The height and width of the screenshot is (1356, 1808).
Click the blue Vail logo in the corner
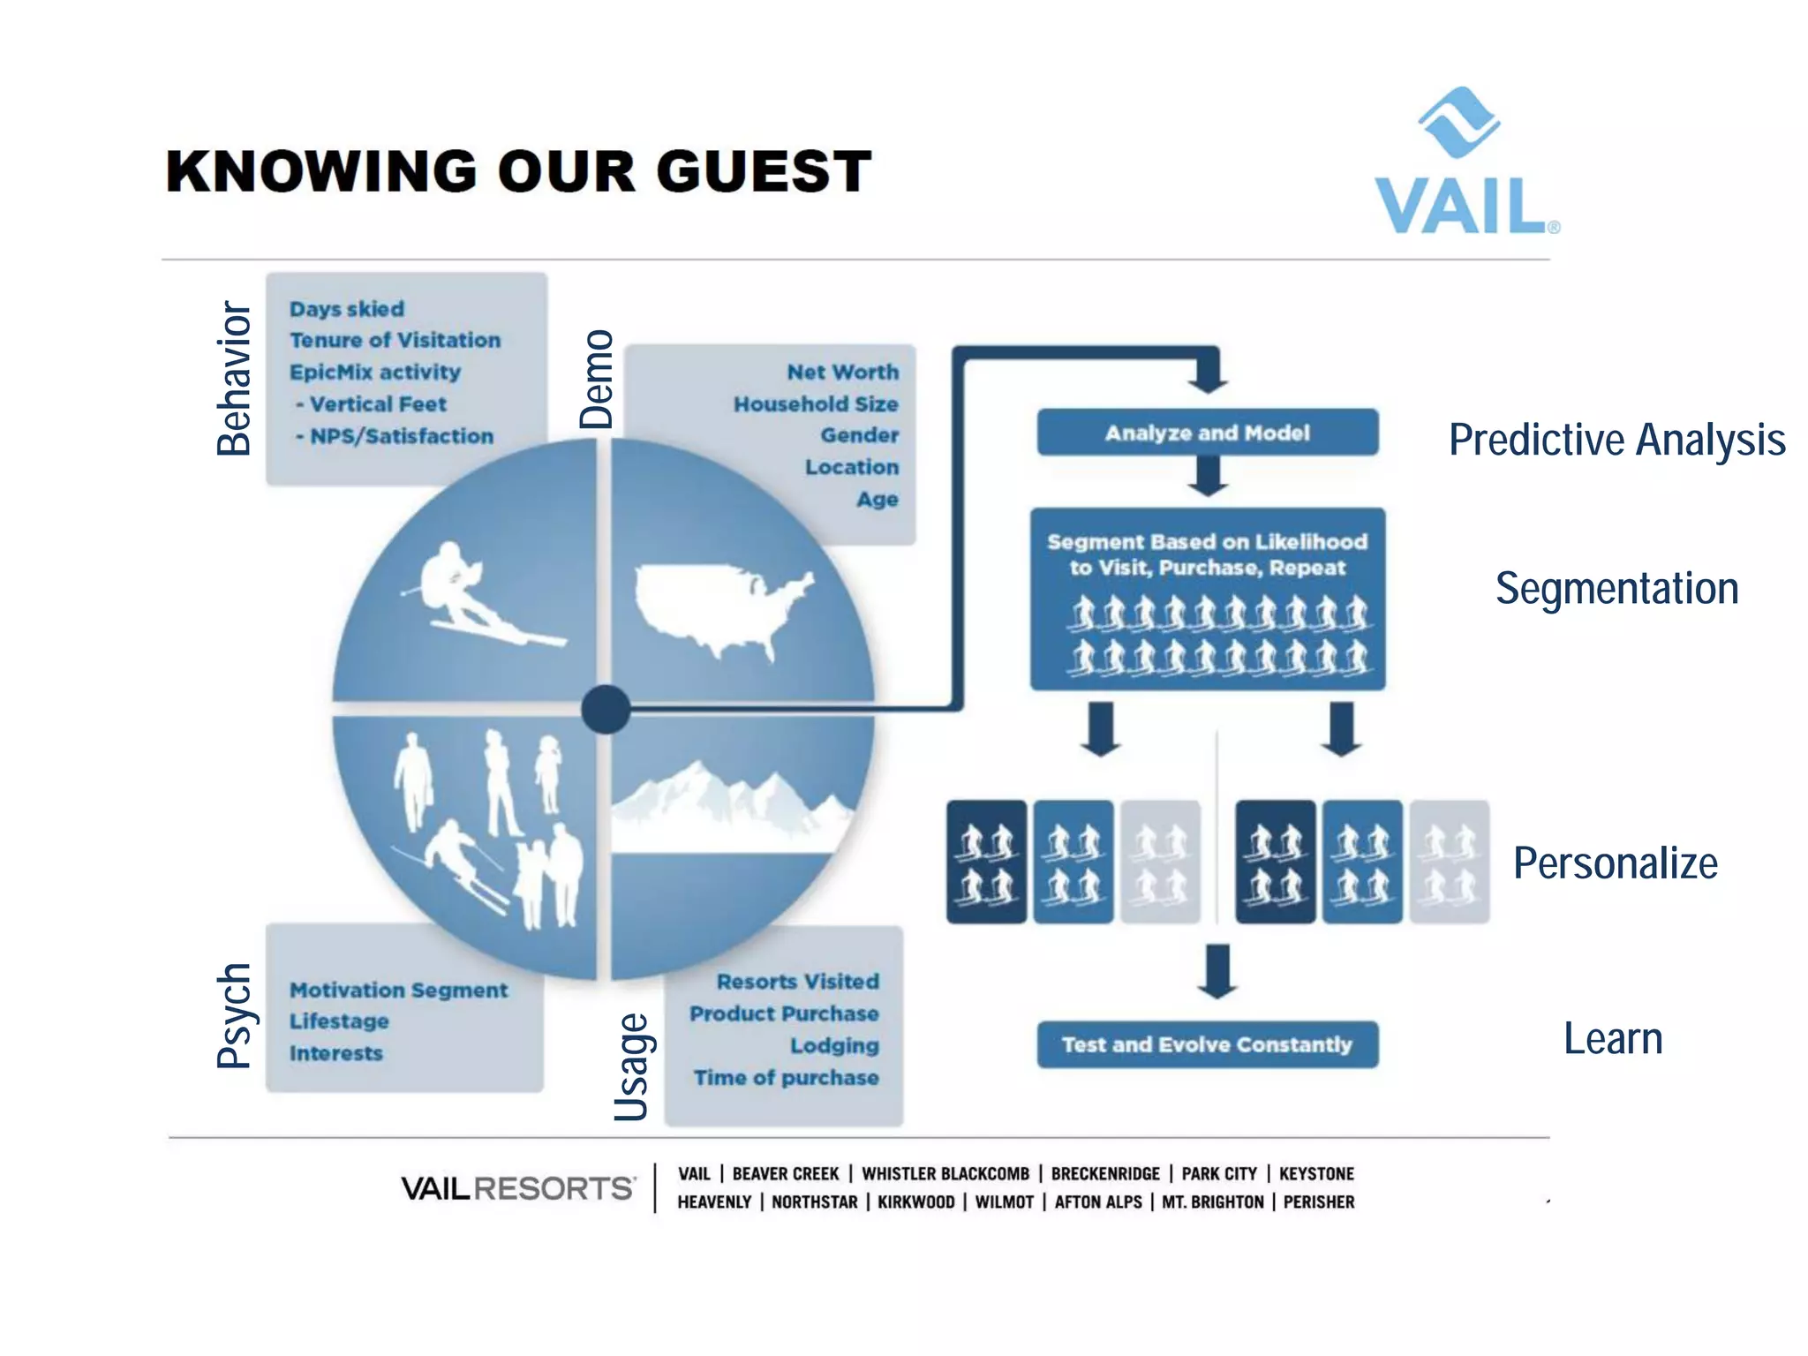pos(1465,162)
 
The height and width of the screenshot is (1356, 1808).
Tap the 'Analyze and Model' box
pos(1207,433)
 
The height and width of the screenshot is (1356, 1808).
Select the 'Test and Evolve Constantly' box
pos(1207,1044)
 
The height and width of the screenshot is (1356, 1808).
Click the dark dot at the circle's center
pos(606,709)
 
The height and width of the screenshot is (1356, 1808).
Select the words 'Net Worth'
pos(842,373)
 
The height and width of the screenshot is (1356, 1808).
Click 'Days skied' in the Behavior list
pos(347,309)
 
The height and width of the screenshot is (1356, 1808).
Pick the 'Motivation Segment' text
pos(398,991)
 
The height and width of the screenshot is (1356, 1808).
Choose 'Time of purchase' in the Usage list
pos(786,1078)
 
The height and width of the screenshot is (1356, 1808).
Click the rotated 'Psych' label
pos(235,1015)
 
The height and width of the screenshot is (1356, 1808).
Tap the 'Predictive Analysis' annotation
pos(1616,440)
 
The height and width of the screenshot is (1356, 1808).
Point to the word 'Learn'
pos(1613,1038)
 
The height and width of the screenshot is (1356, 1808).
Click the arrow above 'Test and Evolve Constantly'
pos(1217,971)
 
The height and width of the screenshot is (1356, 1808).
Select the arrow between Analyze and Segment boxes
pos(1207,477)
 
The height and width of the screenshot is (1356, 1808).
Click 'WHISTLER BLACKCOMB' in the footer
pos(945,1174)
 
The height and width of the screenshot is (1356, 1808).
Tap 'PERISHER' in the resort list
pos(1319,1202)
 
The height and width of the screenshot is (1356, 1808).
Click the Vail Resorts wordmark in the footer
pos(517,1188)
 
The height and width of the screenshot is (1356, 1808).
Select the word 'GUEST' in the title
pos(764,171)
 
